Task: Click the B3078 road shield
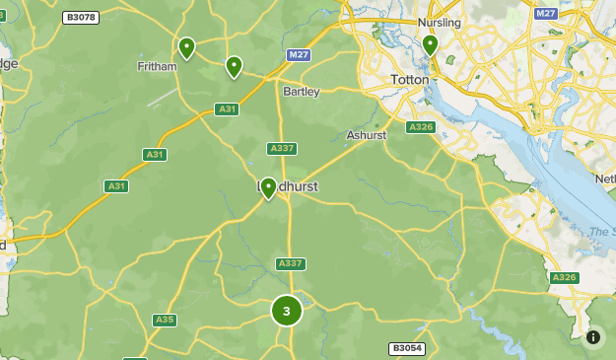[x=80, y=18]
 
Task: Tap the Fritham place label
[x=157, y=66]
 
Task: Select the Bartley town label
[x=302, y=92]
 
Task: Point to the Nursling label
[x=440, y=22]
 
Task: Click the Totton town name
[x=411, y=79]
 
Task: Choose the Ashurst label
[x=367, y=135]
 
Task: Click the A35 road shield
[x=165, y=320]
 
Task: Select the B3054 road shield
[x=406, y=348]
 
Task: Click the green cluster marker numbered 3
[x=287, y=311]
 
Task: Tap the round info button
[x=593, y=337]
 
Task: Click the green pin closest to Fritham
[x=186, y=47]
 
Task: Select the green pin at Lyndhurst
[x=268, y=187]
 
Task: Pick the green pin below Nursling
[x=430, y=44]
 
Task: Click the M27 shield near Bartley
[x=300, y=55]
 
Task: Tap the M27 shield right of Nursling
[x=546, y=14]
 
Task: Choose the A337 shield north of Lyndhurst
[x=281, y=149]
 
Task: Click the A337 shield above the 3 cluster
[x=290, y=263]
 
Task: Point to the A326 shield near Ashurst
[x=421, y=127]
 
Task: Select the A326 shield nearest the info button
[x=565, y=278]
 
